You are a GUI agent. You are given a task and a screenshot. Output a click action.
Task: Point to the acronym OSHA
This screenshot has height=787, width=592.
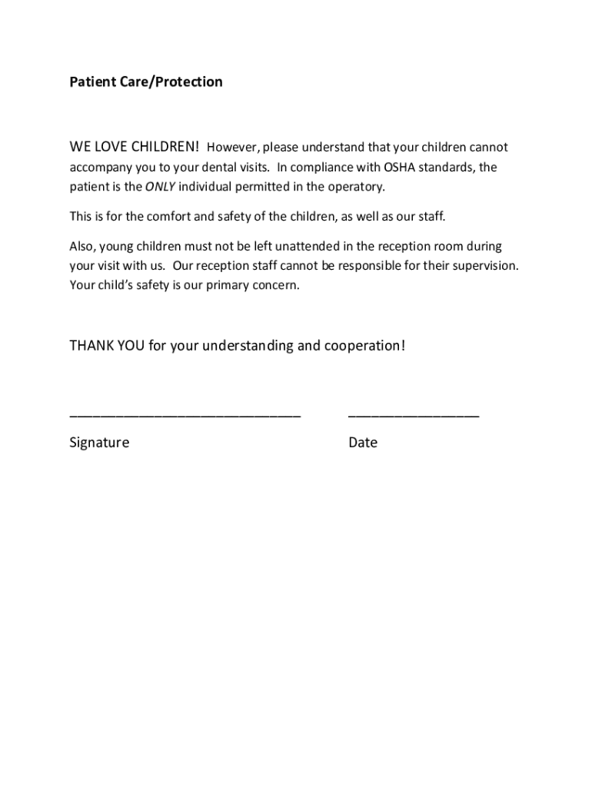tap(400, 167)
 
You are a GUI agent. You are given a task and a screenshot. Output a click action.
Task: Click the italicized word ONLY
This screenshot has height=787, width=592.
tap(161, 187)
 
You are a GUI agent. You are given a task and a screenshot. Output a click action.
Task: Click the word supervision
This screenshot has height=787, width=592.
tap(486, 266)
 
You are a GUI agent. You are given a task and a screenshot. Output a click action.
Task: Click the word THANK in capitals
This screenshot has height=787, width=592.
tap(91, 346)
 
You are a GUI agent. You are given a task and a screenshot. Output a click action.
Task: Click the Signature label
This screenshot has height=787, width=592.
tap(99, 443)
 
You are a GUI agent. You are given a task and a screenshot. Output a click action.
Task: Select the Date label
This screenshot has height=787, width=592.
tap(363, 443)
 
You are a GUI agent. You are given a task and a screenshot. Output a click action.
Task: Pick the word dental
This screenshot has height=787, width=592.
tap(211, 167)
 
